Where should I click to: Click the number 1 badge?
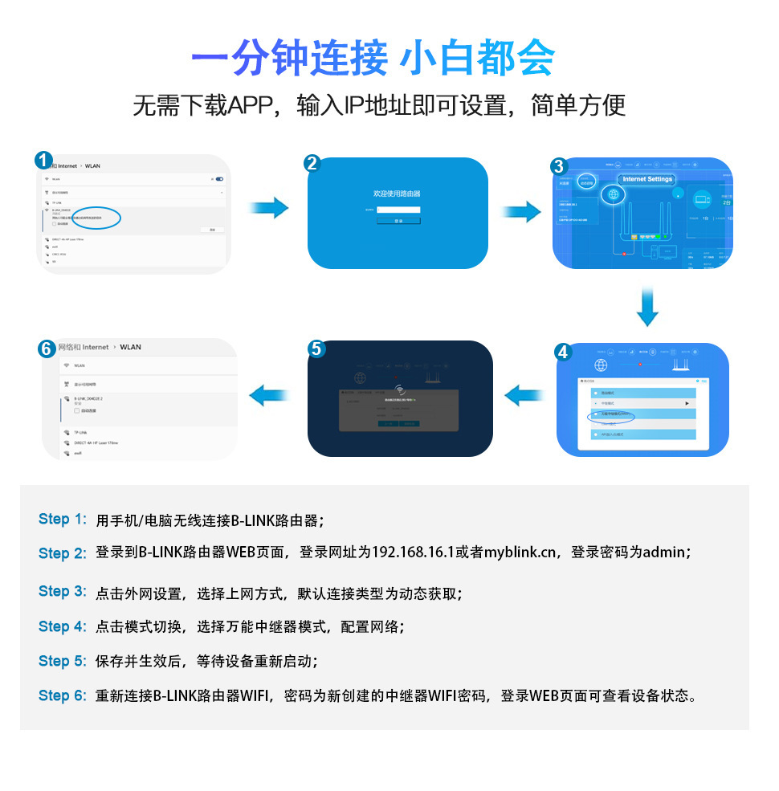coord(44,161)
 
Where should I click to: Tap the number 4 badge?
coord(562,352)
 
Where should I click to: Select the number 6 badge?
coord(47,349)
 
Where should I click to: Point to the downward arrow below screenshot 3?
coord(647,306)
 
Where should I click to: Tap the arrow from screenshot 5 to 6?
coord(269,394)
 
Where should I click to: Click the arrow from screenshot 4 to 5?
coord(524,394)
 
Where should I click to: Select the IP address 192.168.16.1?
coord(412,552)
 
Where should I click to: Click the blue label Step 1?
coord(62,520)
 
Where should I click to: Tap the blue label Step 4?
coord(62,626)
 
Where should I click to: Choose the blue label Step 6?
coord(62,695)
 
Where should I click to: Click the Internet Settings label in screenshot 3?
coord(648,179)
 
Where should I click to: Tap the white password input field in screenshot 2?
coord(398,210)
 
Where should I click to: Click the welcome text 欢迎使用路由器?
coord(397,194)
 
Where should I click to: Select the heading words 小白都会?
coord(477,59)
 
